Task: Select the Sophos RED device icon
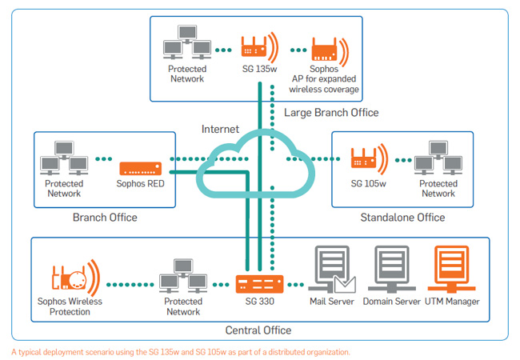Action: tap(142, 169)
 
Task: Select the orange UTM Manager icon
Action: tap(450, 268)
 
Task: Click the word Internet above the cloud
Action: tap(221, 129)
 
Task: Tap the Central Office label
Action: tap(258, 330)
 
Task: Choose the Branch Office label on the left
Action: tap(105, 217)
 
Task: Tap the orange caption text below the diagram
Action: tap(180, 351)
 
